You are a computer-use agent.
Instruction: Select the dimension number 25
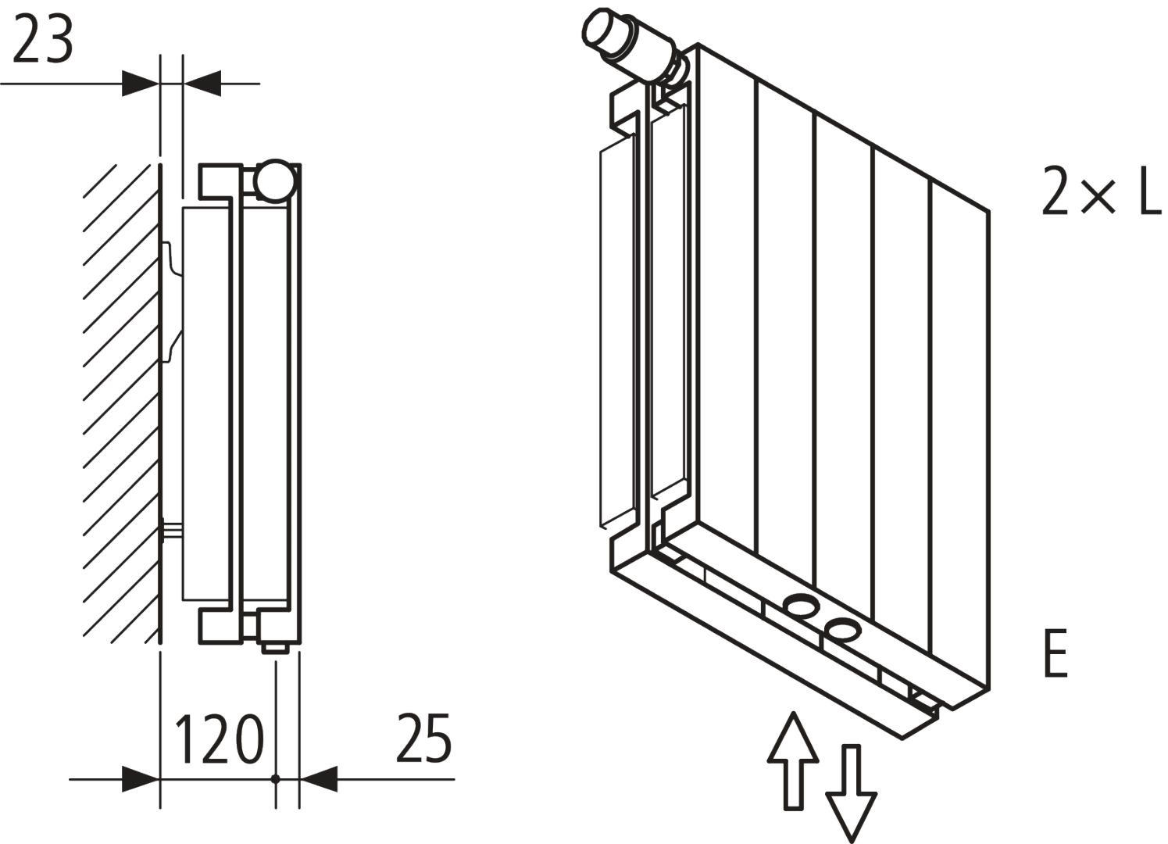pyautogui.click(x=423, y=738)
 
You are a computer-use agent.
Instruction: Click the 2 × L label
pyautogui.click(x=1102, y=191)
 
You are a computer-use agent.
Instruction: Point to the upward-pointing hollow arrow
pyautogui.click(x=793, y=758)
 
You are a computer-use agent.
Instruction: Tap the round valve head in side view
pyautogui.click(x=275, y=181)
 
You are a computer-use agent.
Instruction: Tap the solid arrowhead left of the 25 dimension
pyautogui.click(x=319, y=778)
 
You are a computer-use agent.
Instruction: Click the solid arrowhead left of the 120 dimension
pyautogui.click(x=141, y=778)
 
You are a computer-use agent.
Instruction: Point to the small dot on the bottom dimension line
pyautogui.click(x=275, y=778)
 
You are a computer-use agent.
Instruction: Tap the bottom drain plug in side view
pyautogui.click(x=275, y=646)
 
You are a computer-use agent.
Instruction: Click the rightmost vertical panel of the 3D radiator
pyautogui.click(x=960, y=438)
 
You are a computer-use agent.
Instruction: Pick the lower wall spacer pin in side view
pyautogui.click(x=172, y=531)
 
